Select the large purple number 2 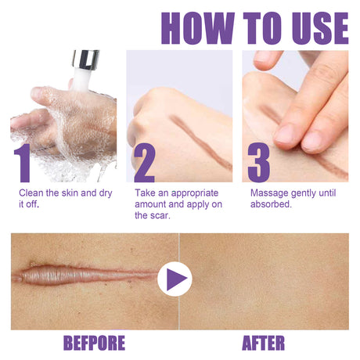[143, 162]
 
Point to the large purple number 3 [258, 162]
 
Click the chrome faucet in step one [84, 61]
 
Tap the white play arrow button [175, 279]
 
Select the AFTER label [264, 342]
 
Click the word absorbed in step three [271, 204]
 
